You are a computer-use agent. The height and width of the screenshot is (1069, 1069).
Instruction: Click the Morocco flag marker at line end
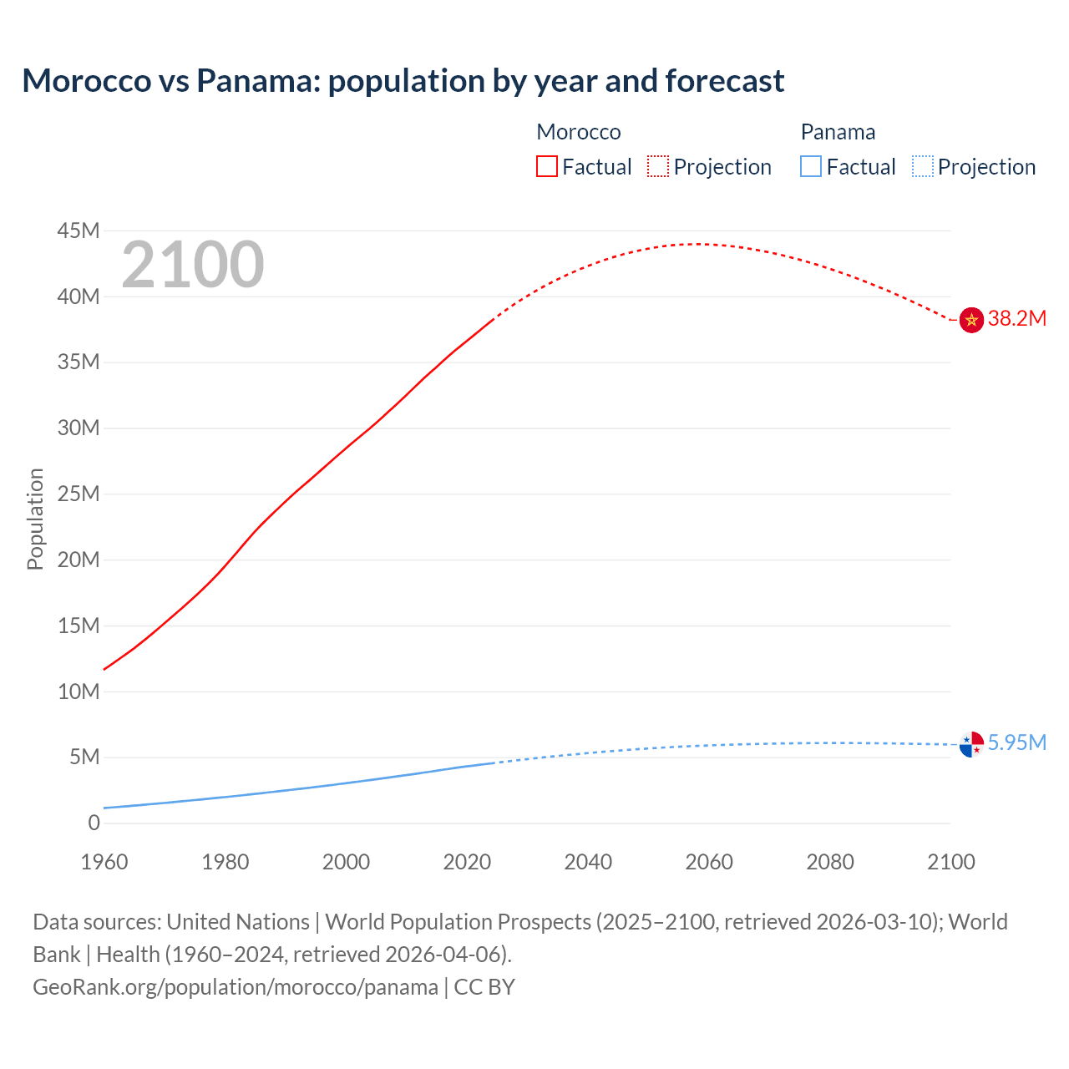click(x=971, y=320)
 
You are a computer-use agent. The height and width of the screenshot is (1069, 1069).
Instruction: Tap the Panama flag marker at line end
click(x=971, y=744)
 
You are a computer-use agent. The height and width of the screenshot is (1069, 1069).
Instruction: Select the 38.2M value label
click(x=1016, y=319)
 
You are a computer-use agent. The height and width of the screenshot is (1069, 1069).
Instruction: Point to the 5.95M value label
click(x=1016, y=743)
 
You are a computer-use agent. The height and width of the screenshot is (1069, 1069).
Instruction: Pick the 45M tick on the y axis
click(x=79, y=231)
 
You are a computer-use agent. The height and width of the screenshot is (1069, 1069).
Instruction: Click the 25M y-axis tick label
click(x=79, y=494)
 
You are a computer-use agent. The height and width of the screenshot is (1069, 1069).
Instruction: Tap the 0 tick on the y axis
click(x=94, y=823)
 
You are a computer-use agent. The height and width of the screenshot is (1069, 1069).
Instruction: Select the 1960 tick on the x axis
click(x=104, y=862)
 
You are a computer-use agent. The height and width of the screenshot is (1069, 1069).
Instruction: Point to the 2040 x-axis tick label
click(x=588, y=862)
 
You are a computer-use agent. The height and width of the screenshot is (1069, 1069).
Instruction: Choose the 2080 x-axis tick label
click(x=830, y=862)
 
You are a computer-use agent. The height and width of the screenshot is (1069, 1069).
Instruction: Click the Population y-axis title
click(x=35, y=519)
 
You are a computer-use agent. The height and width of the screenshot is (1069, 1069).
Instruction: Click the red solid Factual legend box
click(x=547, y=167)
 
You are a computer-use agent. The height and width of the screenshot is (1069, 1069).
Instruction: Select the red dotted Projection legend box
click(x=658, y=167)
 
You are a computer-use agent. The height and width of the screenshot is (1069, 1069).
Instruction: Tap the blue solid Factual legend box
click(x=811, y=167)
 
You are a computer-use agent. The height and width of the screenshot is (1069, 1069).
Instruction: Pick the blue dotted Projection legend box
click(x=922, y=167)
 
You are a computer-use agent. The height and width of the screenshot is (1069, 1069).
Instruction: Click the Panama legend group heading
click(x=838, y=133)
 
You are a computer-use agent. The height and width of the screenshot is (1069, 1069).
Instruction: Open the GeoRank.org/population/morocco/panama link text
click(x=236, y=987)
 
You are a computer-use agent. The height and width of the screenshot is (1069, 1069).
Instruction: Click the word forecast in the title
click(x=725, y=81)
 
